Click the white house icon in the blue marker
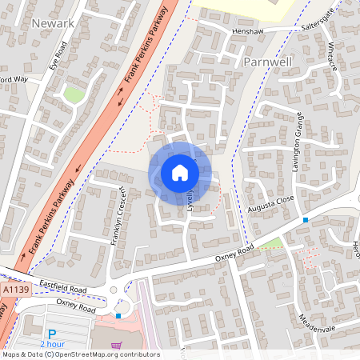click(x=180, y=173)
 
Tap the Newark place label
click(x=53, y=23)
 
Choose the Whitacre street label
click(x=332, y=58)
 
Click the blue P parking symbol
click(x=53, y=334)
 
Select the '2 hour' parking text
click(x=53, y=344)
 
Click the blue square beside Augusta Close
click(x=305, y=219)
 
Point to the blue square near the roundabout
click(x=118, y=316)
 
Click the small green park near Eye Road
click(x=74, y=94)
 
